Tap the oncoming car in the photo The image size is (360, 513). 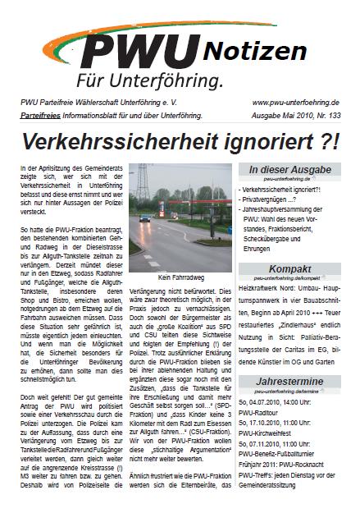click(x=144, y=219)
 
